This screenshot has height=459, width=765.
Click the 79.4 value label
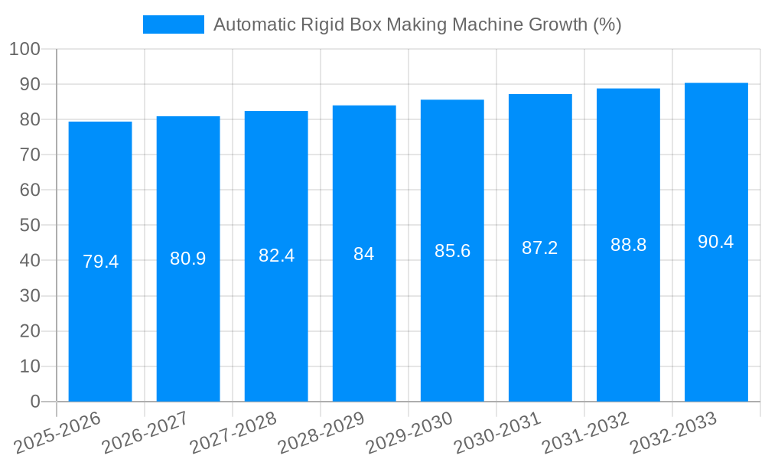(x=100, y=262)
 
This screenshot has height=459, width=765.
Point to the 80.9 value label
(x=188, y=259)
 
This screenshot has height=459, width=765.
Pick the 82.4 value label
(x=276, y=256)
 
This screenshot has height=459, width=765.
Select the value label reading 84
(x=364, y=254)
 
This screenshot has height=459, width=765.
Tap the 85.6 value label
(x=452, y=250)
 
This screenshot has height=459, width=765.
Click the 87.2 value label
(x=540, y=248)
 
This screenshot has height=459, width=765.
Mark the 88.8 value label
(x=628, y=245)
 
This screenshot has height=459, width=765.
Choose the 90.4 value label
(x=716, y=242)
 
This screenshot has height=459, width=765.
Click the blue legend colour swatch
(x=174, y=24)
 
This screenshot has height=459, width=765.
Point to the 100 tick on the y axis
(x=24, y=49)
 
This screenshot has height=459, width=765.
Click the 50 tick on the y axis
(x=30, y=226)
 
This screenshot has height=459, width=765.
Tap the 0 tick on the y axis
(x=34, y=402)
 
